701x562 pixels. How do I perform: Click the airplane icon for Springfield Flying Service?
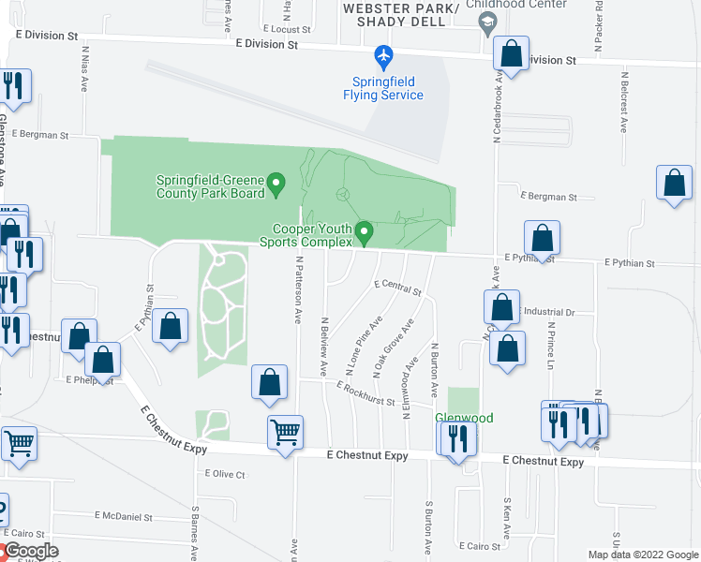coord(383,58)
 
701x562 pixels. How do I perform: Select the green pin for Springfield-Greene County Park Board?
coord(276,183)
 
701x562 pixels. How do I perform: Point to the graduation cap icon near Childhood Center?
coord(486,22)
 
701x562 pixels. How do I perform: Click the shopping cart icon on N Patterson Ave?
coord(285,433)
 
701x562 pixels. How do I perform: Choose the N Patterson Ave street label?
coord(299,290)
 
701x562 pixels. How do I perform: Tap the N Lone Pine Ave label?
coord(365,345)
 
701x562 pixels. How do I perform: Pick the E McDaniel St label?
coord(124,516)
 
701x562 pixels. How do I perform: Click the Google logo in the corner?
coord(30,551)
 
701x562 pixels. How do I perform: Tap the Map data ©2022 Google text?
coord(643,555)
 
